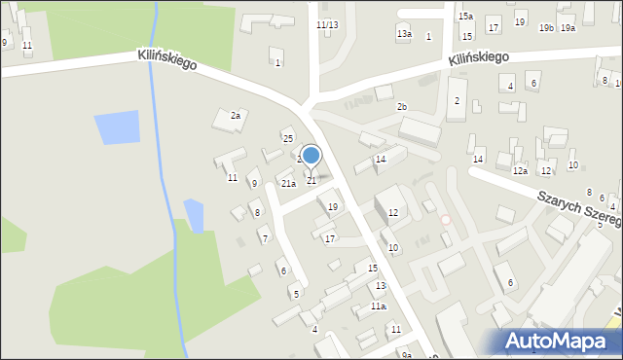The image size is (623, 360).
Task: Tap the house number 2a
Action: [235, 116]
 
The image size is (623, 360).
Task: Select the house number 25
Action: [288, 138]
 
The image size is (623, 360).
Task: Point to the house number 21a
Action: [288, 183]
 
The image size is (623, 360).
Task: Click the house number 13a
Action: [403, 34]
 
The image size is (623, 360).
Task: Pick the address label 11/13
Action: [327, 24]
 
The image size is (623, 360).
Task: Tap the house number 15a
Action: [466, 17]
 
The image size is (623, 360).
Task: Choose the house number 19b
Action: [546, 28]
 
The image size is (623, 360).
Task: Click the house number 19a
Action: [568, 28]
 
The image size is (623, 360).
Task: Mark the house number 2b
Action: [402, 107]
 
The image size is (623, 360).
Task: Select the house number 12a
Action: [521, 171]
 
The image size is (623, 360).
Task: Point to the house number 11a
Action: [378, 306]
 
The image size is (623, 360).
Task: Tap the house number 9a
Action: [407, 355]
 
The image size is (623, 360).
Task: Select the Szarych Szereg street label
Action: [581, 208]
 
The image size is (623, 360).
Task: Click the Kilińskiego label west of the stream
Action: [167, 60]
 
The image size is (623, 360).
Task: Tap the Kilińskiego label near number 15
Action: [479, 58]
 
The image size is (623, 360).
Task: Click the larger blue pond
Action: [117, 127]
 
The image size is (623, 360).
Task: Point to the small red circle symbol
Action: [446, 220]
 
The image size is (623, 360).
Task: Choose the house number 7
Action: [265, 238]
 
